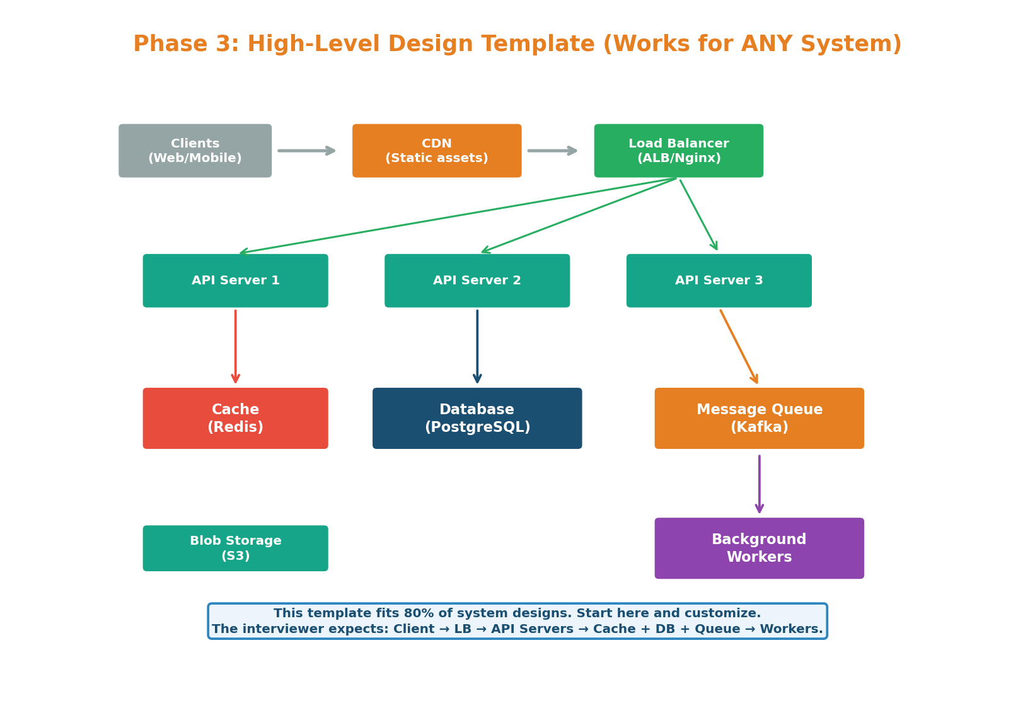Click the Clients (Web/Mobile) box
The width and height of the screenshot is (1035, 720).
click(x=195, y=151)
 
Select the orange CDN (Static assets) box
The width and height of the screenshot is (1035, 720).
click(x=436, y=151)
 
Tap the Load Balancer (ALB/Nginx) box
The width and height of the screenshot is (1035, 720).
click(x=678, y=151)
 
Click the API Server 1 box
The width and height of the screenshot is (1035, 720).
click(x=235, y=281)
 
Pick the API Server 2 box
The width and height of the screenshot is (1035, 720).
click(x=477, y=281)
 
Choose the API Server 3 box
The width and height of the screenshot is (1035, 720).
click(x=719, y=281)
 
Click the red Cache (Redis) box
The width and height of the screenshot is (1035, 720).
click(x=235, y=418)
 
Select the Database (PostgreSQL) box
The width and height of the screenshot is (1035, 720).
click(x=477, y=418)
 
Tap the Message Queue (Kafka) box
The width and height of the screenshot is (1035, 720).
click(x=759, y=418)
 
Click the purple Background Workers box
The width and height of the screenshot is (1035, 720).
click(x=759, y=548)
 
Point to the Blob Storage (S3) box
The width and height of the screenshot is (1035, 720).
click(x=235, y=548)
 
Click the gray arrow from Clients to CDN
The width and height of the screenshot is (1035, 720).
click(x=306, y=151)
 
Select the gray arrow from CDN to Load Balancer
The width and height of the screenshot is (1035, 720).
click(x=552, y=151)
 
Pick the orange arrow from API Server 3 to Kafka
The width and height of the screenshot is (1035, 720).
click(x=739, y=346)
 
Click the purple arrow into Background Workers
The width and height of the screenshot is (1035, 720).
click(x=759, y=484)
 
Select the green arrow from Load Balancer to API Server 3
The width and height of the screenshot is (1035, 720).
click(x=698, y=215)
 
